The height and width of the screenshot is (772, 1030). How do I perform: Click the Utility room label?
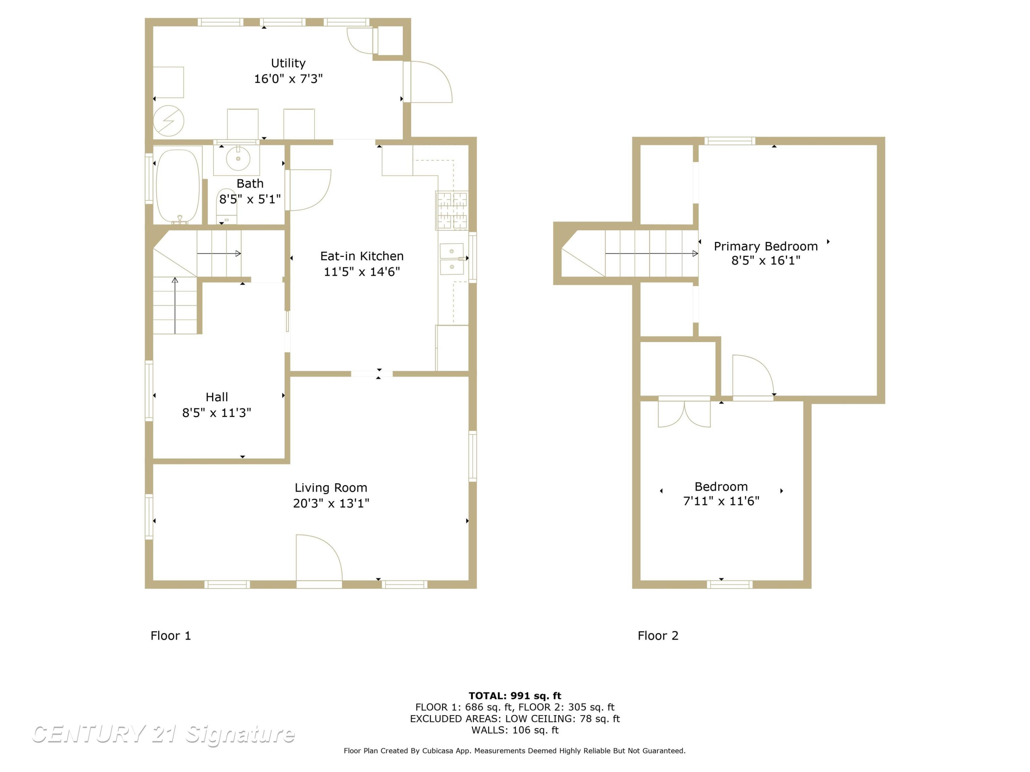(x=288, y=63)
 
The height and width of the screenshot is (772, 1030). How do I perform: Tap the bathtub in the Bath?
(x=178, y=186)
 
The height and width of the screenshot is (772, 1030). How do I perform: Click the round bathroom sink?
(x=238, y=158)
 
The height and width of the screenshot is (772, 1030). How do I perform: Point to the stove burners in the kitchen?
(x=452, y=210)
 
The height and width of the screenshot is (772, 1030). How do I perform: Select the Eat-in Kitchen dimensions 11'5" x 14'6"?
(x=362, y=272)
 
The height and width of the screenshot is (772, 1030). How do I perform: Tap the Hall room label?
(x=217, y=397)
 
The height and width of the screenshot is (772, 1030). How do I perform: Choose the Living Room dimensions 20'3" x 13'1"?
(x=331, y=503)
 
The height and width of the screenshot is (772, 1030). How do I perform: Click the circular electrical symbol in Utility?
(x=169, y=121)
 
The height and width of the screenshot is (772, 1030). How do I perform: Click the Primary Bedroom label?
(x=766, y=246)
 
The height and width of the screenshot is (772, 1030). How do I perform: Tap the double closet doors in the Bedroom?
(x=684, y=411)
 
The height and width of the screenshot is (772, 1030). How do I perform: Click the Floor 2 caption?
(x=658, y=636)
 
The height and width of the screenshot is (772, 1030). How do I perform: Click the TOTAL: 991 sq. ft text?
(x=515, y=696)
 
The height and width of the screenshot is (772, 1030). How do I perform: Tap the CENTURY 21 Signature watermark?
(x=163, y=734)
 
